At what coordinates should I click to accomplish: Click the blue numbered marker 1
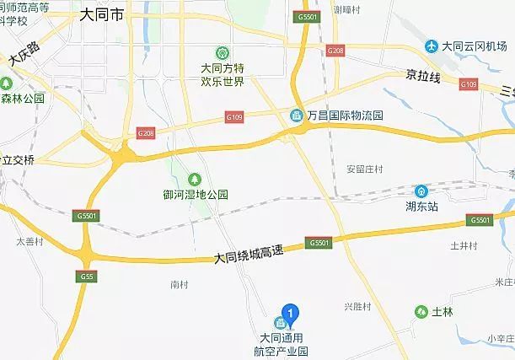coord(291,314)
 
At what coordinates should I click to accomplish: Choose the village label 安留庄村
coord(364,169)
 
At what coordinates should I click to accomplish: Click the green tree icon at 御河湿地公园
coord(195,179)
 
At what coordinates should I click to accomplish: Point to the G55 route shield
coord(86,277)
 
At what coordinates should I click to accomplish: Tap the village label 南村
coord(178,284)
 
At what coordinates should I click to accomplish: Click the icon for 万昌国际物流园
coord(297,115)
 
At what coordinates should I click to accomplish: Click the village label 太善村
coord(30,241)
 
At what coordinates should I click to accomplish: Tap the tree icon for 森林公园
coord(6,84)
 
